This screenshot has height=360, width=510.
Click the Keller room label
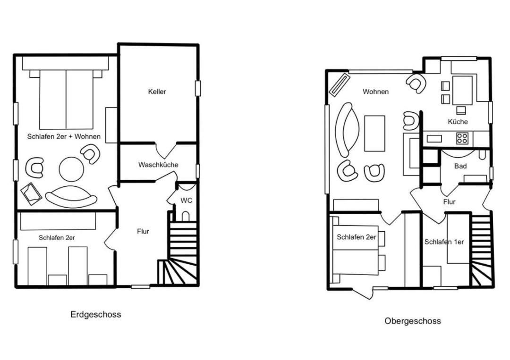(157, 92)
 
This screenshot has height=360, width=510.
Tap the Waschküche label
(158, 165)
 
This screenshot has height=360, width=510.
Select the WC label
(187, 201)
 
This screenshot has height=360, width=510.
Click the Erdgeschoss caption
(95, 315)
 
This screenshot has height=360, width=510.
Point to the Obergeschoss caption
(413, 321)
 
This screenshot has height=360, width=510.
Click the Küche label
(458, 122)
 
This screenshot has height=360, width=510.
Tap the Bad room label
(460, 166)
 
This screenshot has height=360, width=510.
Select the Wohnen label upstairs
(376, 92)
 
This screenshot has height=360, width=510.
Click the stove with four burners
(462, 138)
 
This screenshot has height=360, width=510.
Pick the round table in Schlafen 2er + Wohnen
(72, 169)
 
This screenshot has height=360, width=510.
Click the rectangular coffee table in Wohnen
(374, 133)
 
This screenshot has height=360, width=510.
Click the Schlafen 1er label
(444, 242)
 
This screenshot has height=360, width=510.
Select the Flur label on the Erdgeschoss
(143, 231)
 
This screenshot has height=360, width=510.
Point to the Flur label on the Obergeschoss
(449, 202)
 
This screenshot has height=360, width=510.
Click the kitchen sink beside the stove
(434, 139)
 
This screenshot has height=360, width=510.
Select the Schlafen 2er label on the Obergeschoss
(357, 237)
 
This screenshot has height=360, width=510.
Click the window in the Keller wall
(198, 88)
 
